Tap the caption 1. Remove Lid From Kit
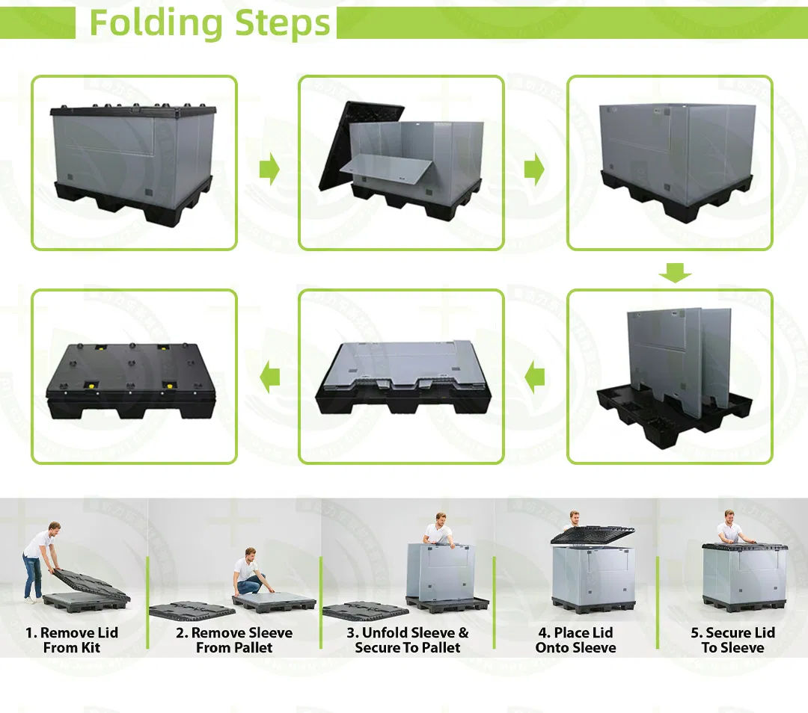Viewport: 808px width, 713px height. coord(72,641)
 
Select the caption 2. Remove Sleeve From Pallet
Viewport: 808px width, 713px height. coord(234,641)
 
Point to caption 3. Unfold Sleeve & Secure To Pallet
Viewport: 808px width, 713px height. coord(408,641)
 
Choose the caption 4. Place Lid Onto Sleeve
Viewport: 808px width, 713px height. coord(575,641)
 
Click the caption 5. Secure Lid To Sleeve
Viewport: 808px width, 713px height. coord(732,641)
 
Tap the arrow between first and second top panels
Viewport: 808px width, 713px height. coord(269,170)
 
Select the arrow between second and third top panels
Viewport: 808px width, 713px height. coord(534,170)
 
